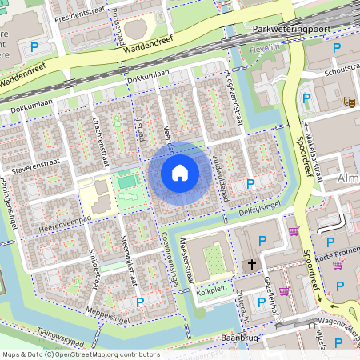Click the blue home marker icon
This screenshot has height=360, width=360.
(x=180, y=172)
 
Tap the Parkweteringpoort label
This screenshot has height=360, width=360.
(x=290, y=29)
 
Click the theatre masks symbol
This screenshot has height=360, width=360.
(x=349, y=102)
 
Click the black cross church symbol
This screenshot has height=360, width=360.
(x=251, y=263)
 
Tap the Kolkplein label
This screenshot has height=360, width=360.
(x=213, y=290)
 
